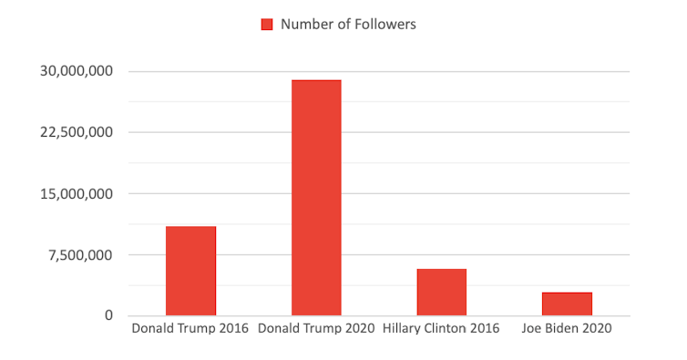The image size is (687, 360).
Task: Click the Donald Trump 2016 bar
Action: (190, 271)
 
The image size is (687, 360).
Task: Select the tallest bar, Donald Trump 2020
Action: (316, 198)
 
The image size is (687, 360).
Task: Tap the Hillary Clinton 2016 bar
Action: (442, 292)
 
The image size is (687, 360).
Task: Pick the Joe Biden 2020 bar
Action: (567, 303)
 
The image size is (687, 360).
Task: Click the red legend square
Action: (267, 25)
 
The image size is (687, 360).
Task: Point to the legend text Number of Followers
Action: (348, 25)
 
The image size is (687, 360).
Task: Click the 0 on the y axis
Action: (108, 315)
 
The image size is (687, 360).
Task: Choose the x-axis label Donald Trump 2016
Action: (190, 328)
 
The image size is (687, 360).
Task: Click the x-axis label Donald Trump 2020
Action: (316, 328)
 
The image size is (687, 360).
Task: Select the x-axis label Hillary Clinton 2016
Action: (441, 328)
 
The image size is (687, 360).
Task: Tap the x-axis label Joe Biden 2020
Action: (566, 328)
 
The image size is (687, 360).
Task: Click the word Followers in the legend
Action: (386, 25)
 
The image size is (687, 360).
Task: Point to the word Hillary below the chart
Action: (404, 328)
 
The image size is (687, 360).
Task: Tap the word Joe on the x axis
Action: (532, 328)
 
